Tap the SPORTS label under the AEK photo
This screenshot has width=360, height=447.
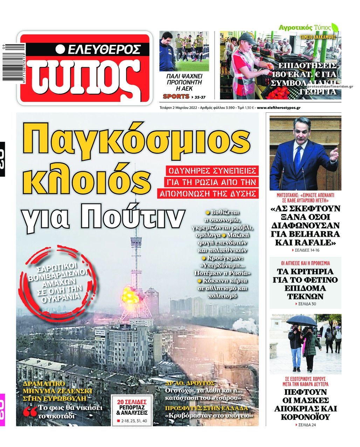pyautogui.click(x=176, y=96)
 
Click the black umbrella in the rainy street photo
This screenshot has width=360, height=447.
pyautogui.click(x=302, y=319)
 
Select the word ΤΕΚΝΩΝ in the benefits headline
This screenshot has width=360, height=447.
pyautogui.click(x=305, y=296)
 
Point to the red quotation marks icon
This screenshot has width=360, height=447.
pyautogui.click(x=30, y=412)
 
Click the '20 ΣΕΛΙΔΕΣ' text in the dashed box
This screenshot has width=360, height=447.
pyautogui.click(x=132, y=402)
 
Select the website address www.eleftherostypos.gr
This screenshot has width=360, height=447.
pyautogui.click(x=278, y=108)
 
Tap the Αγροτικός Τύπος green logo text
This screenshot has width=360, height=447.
pyautogui.click(x=305, y=27)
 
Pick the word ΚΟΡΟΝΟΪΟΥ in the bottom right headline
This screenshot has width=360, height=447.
pyautogui.click(x=305, y=417)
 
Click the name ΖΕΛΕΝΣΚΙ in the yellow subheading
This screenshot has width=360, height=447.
pyautogui.click(x=75, y=391)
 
